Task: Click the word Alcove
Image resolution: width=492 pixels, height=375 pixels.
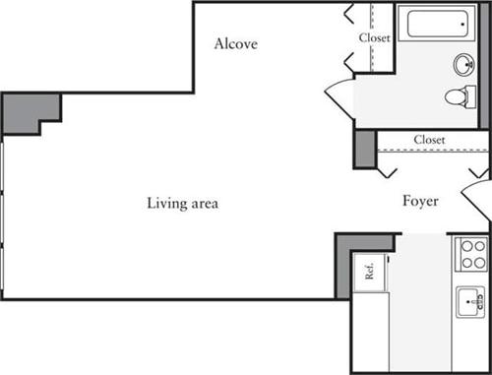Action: [x=236, y=43]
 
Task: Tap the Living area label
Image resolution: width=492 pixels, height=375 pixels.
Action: [x=182, y=204]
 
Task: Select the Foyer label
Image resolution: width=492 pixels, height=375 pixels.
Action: [x=420, y=202]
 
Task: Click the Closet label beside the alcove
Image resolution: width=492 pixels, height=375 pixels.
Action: [x=374, y=37]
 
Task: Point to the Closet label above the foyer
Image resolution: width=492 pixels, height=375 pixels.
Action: [x=429, y=140]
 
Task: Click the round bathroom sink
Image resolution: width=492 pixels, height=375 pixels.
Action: [x=462, y=65]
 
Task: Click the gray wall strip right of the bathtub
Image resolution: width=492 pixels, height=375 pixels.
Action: [x=483, y=64]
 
